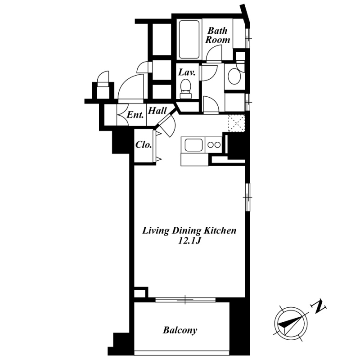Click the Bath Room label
pos(217,35)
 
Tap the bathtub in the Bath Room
pos(189,40)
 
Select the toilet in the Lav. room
pos(185,89)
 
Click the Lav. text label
pos(187,72)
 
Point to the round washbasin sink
pos(234,75)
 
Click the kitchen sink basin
pos(193,145)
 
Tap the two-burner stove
pos(214,144)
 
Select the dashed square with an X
pos(237,123)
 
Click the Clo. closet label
pos(144,145)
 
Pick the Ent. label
pos(135,115)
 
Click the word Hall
pos(157,111)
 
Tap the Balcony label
pos(180,330)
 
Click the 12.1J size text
pos(189,241)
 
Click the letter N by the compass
pos(318,306)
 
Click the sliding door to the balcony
pos(185,300)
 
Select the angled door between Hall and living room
pos(167,126)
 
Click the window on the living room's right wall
pos(247,197)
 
